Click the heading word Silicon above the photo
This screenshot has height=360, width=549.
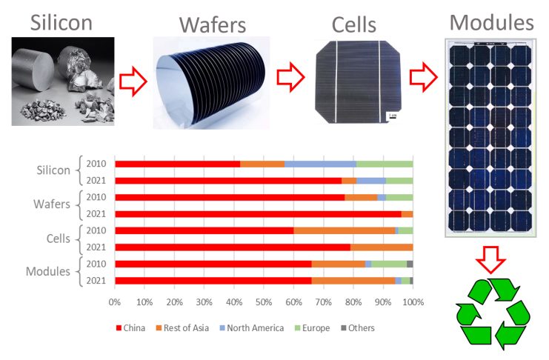point(61,22)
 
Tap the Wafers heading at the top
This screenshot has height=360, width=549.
point(213,25)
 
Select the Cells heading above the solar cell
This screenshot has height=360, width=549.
point(353,25)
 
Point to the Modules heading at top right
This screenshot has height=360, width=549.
point(491,22)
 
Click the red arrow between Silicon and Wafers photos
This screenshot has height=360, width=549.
point(133,81)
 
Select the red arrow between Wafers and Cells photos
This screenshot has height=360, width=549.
point(290,77)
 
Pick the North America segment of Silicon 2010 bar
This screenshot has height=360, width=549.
point(320,164)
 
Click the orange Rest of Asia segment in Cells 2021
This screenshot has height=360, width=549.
point(382,247)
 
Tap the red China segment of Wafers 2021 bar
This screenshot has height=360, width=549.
point(259,214)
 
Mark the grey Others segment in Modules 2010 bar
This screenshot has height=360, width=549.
point(410,264)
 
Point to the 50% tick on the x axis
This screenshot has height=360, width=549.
point(264,302)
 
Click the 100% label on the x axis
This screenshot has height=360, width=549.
point(413,302)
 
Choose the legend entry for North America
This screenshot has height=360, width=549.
point(251,328)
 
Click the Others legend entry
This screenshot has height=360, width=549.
point(358,328)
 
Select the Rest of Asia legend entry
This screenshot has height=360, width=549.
point(182,328)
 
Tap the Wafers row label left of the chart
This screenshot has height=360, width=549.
point(52,204)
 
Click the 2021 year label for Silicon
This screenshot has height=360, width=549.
point(96,180)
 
